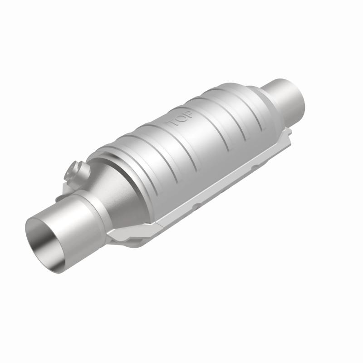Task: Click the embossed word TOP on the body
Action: [x=180, y=119]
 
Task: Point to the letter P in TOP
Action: [x=188, y=114]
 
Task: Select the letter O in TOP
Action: [x=180, y=119]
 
